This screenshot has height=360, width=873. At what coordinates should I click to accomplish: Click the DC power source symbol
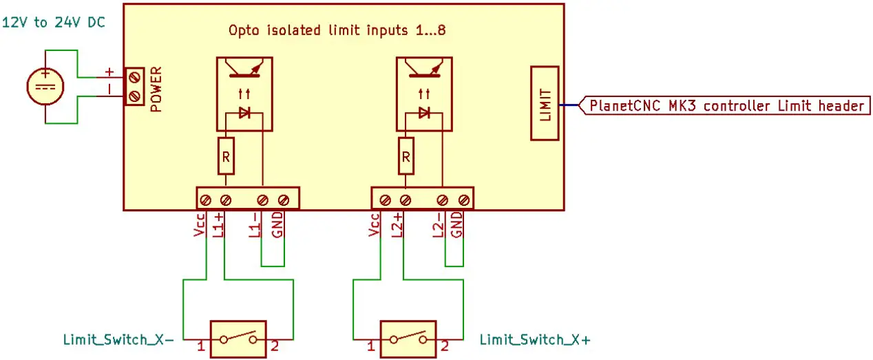point(45,87)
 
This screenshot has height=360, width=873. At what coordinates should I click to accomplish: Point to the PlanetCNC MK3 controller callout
point(726,106)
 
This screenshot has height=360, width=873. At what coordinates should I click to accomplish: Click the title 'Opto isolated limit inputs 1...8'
point(342,31)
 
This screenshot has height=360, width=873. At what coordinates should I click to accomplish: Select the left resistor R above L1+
point(226,157)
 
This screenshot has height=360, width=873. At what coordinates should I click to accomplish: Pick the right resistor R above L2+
point(406,157)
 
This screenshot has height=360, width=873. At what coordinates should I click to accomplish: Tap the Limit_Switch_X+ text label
point(534,340)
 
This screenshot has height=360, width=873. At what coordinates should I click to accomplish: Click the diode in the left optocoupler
point(244,113)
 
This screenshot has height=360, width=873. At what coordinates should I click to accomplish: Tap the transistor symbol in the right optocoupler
point(424,69)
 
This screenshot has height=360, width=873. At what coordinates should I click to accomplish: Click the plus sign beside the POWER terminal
point(108,72)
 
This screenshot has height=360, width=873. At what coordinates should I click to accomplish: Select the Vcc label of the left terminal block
point(200,226)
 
